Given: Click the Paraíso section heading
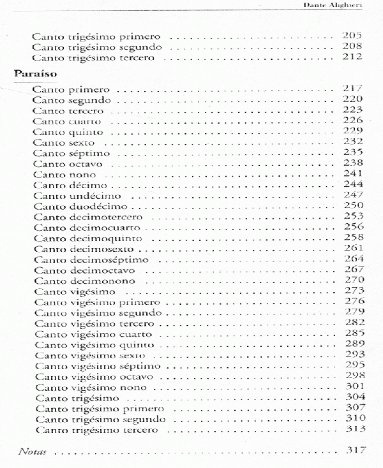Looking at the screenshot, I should (x=34, y=73).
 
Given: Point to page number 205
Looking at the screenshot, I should (x=352, y=36).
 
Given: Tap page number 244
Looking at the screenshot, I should (x=352, y=184).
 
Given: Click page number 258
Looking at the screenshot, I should (x=352, y=238).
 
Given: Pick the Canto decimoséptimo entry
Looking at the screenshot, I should (x=91, y=260).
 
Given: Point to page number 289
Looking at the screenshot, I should (x=352, y=344).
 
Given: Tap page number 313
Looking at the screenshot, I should (x=352, y=430).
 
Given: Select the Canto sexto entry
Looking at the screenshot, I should (x=64, y=142).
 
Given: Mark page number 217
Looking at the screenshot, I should (x=352, y=89).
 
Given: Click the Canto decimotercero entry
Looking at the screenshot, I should (x=87, y=217).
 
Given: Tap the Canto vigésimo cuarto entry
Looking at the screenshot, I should (x=94, y=334).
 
